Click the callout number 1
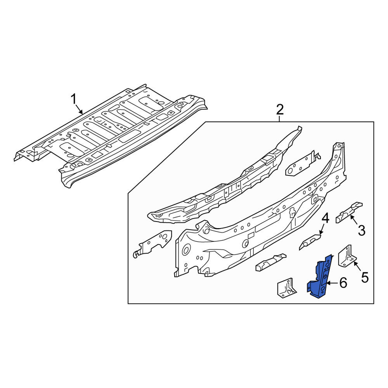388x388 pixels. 73,99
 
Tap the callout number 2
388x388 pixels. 280,109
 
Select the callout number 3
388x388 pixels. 362,230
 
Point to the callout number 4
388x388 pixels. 325,219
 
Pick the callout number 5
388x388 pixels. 365,277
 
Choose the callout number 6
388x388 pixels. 343,282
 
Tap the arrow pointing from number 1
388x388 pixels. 79,109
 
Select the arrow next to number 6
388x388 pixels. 333,283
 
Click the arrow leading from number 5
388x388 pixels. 358,267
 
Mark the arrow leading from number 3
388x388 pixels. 353,220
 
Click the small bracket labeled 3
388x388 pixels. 349,212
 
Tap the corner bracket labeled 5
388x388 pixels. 347,256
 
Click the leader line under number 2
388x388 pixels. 280,119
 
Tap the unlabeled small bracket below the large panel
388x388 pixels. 271,262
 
